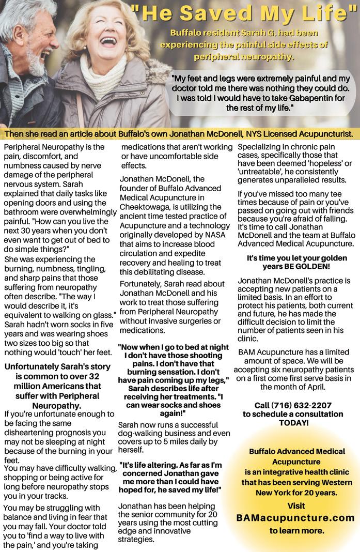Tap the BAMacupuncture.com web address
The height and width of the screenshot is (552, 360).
point(295,517)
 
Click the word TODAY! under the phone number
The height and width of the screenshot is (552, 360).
point(293,423)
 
